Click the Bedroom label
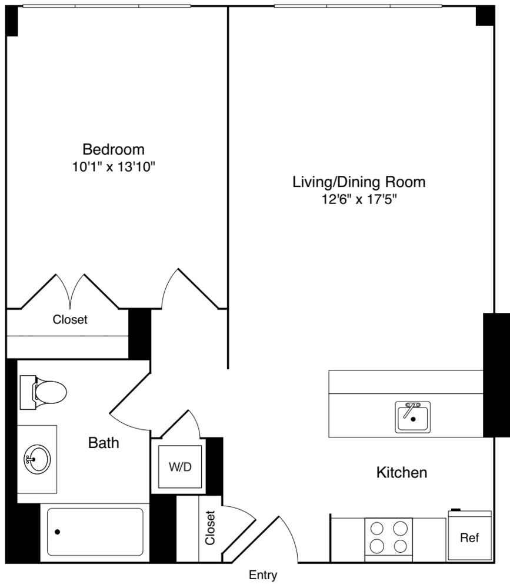114,149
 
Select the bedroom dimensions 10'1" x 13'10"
114,166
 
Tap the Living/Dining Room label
359,182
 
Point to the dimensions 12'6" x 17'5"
359,199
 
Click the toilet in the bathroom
43,392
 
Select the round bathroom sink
37,459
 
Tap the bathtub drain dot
58,532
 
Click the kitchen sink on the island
413,417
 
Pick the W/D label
180,467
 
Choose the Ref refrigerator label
469,538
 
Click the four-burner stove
388,540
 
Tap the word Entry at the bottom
263,575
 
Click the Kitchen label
402,473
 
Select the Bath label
104,443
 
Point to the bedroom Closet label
70,319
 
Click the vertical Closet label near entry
210,527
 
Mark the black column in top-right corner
485,16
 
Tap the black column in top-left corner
12,21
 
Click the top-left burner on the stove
377,529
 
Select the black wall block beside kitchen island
496,375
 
